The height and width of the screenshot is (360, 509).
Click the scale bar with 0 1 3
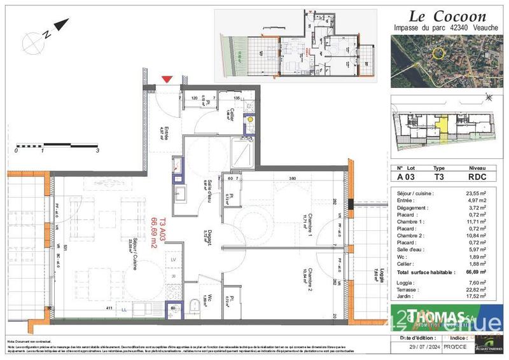tap(57, 146)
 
